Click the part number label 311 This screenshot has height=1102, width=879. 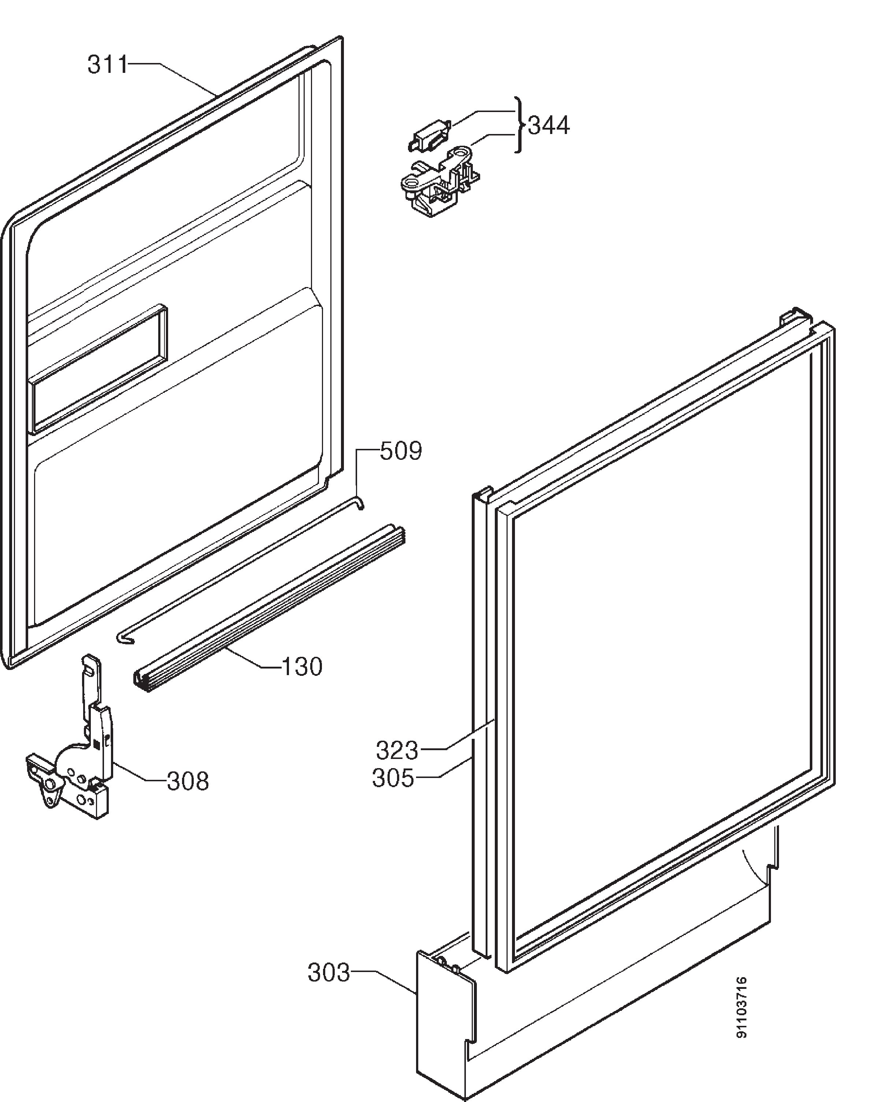click(107, 65)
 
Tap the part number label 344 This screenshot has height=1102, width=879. click(549, 125)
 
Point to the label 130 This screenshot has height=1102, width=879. click(302, 667)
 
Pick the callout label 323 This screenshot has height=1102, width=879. click(397, 750)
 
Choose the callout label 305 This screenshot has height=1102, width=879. click(393, 778)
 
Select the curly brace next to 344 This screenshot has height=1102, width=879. click(519, 125)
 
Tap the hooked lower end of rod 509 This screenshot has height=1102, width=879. click(124, 639)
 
